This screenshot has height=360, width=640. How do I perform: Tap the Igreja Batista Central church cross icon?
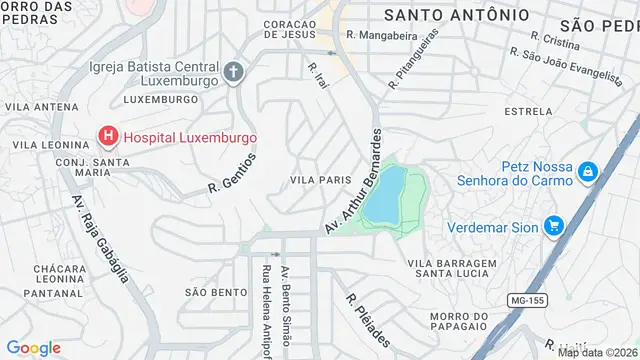point(233,71)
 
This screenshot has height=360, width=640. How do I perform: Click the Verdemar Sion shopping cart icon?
point(553,226)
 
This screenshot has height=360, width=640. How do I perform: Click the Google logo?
point(33,347)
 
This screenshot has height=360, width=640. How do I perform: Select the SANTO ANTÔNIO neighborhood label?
point(456,15)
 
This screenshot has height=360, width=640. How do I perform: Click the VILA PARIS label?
point(320,180)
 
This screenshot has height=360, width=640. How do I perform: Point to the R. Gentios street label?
point(233,172)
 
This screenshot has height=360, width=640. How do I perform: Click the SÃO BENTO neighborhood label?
point(215,292)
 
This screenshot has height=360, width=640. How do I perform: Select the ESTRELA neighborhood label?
point(529,111)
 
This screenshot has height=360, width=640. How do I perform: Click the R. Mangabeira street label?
point(380,35)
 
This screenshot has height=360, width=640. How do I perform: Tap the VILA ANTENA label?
point(34,105)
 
